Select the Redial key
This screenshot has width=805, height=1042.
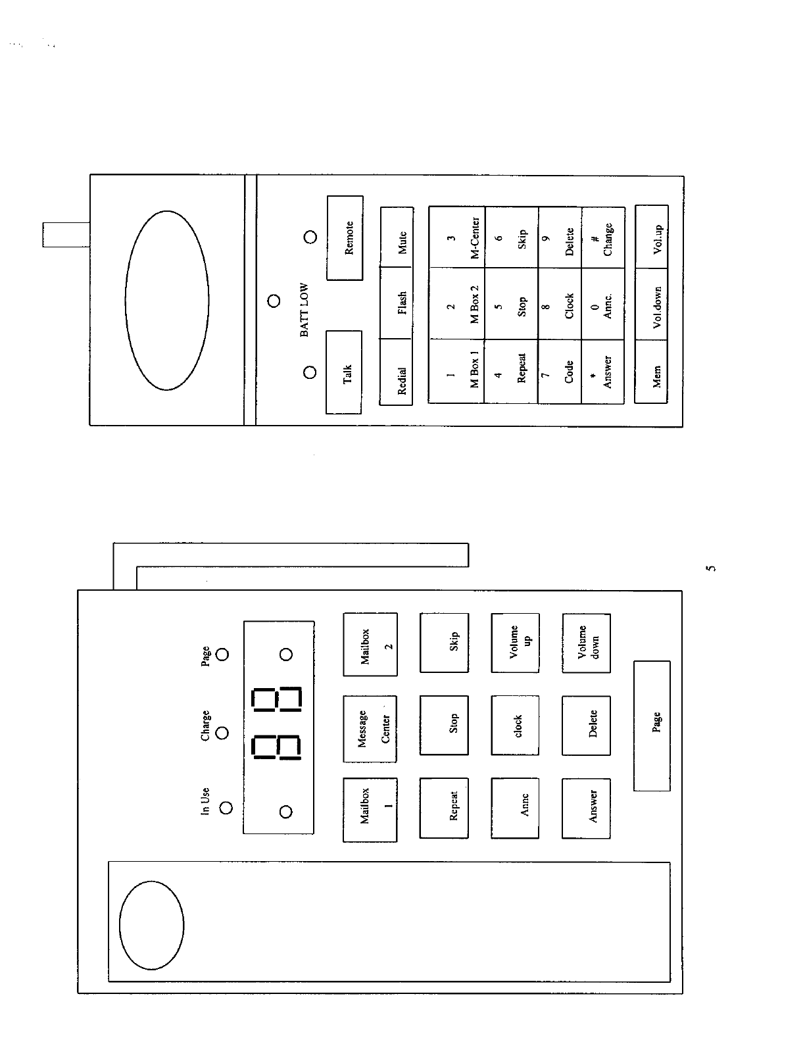(397, 372)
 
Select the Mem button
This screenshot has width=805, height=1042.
(652, 372)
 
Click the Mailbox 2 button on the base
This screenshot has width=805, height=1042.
(370, 645)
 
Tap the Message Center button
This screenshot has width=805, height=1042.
(370, 729)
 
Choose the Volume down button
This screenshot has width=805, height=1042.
(586, 643)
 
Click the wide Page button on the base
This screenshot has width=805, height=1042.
(652, 726)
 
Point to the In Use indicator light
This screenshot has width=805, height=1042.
(226, 808)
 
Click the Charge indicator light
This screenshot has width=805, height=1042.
(223, 733)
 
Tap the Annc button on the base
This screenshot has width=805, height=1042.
(514, 808)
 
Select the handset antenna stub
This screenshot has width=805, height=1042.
(66, 234)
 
